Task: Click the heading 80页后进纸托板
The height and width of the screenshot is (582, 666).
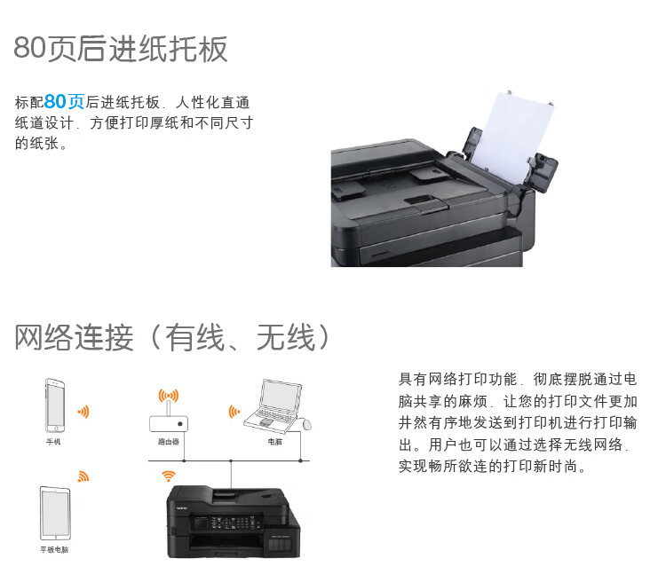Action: point(121,49)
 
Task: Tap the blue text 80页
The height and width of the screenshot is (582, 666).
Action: point(64,102)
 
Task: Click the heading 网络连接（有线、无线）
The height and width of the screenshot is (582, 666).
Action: point(171,337)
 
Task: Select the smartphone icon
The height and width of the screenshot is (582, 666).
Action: point(55,405)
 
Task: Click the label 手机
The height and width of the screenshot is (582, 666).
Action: point(53,442)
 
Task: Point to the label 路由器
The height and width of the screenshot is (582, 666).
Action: point(169,442)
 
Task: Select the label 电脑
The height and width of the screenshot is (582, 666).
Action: point(275,442)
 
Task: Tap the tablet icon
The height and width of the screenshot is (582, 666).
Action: point(55,513)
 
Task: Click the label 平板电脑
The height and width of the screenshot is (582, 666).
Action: point(54,550)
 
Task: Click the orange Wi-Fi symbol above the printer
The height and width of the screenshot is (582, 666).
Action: point(169,476)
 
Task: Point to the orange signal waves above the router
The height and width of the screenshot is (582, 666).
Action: point(169,396)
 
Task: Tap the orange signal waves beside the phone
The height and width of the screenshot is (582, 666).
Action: point(83,412)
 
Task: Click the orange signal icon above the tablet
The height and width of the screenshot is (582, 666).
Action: point(83,476)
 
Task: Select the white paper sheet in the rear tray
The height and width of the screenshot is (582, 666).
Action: point(515,136)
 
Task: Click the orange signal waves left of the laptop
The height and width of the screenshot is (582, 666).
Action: point(234,412)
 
